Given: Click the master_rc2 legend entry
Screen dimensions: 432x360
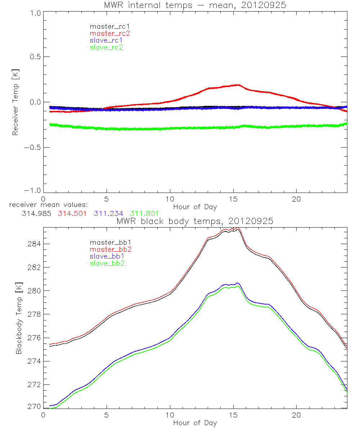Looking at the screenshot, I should [110, 33].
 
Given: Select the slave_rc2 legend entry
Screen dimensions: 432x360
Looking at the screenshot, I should [106, 47].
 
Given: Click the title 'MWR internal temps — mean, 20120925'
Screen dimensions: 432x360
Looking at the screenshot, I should [195, 5].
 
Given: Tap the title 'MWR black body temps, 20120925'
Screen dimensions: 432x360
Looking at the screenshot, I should [195, 221].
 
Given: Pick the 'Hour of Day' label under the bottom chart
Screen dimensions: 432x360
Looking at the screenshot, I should [195, 423].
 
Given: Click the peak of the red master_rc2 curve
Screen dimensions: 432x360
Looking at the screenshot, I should [238, 85].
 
